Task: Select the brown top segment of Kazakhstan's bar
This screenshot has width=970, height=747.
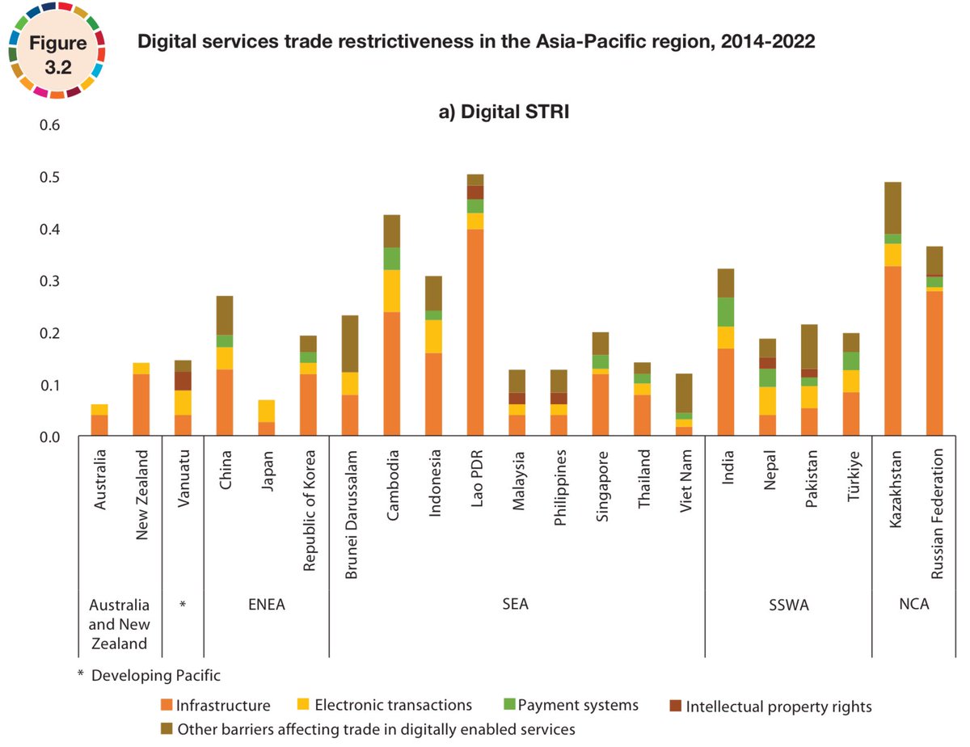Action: coord(892,208)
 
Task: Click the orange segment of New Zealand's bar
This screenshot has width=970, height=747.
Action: coord(141,405)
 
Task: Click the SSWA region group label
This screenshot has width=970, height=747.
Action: coord(787,605)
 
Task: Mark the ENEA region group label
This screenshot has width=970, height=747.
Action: coord(266,605)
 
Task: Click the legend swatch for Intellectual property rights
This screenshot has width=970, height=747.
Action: coord(675,706)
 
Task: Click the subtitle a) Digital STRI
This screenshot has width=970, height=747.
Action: coord(504,113)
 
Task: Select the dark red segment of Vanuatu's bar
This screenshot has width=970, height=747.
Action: coord(183,381)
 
